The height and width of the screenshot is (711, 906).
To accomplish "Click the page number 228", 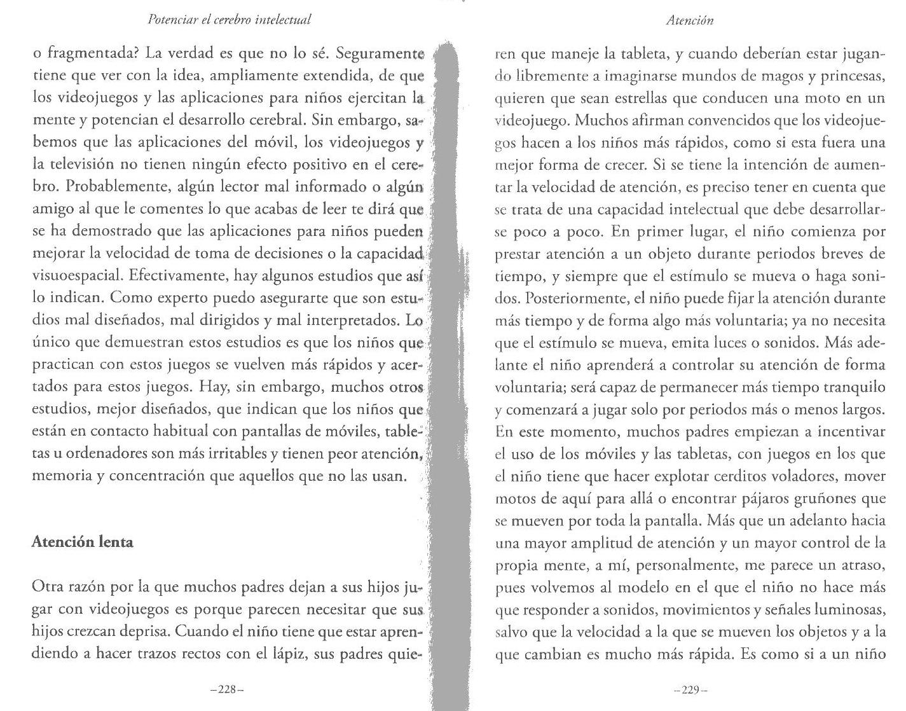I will point(227,689).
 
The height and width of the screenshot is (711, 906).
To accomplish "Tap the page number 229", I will point(690,689).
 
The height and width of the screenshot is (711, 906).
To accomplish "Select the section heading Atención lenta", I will point(83,542).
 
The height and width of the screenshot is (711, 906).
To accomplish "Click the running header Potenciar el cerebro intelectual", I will point(229,19).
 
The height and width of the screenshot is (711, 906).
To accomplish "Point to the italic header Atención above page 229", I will point(690,20).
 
